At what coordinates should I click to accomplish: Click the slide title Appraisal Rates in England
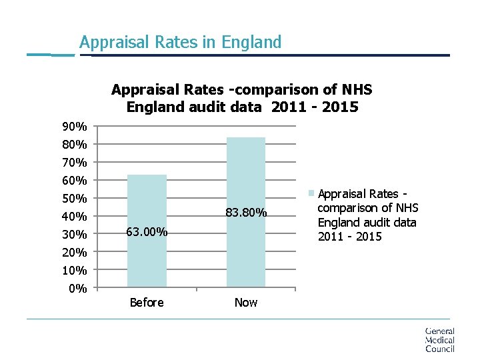point(180,42)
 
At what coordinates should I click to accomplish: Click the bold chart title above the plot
point(242,98)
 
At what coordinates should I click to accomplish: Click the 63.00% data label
point(147,233)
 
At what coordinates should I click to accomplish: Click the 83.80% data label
point(246,213)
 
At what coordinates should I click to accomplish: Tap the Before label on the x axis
point(147,303)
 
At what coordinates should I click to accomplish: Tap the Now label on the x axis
point(246,303)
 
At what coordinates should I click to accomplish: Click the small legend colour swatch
point(311,194)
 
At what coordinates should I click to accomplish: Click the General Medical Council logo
point(439,339)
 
